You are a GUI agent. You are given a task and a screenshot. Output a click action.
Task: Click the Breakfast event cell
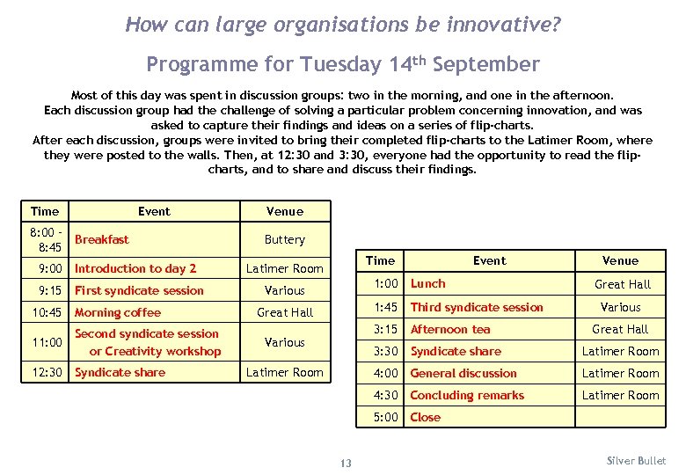(x=102, y=239)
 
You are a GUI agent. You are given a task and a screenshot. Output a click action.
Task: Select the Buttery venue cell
(x=284, y=239)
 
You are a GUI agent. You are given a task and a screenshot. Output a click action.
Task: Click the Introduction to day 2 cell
(x=135, y=268)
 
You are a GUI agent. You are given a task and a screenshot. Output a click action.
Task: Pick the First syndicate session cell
(x=139, y=290)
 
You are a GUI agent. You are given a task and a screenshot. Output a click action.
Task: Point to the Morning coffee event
(x=118, y=312)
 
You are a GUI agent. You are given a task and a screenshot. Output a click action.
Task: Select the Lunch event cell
(x=428, y=283)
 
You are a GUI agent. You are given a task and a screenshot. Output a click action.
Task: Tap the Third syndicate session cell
(x=477, y=307)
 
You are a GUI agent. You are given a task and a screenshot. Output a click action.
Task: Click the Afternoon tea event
(x=450, y=329)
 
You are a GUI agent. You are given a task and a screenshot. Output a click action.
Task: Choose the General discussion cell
(x=463, y=373)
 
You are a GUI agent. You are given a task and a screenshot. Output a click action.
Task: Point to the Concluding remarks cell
(x=467, y=395)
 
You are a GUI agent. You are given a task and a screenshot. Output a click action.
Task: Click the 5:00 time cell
(x=386, y=417)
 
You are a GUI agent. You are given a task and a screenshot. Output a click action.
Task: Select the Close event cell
(x=426, y=417)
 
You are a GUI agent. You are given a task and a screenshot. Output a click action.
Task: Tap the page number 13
(x=346, y=464)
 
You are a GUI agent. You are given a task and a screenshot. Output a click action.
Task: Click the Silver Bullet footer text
(x=637, y=461)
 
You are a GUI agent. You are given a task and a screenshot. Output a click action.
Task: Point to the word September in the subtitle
(x=486, y=64)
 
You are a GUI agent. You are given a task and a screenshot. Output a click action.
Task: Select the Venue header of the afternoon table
(x=620, y=260)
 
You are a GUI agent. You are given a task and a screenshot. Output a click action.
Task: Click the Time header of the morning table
(x=45, y=211)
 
